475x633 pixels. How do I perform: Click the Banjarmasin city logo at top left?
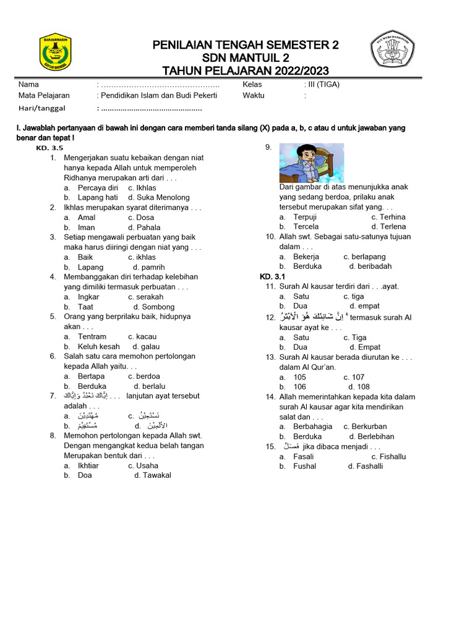(56, 53)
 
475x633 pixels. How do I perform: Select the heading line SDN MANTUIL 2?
(246, 58)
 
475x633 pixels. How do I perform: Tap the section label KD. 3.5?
(49, 148)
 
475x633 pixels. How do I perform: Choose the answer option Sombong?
(158, 307)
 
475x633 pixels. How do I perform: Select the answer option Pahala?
(149, 227)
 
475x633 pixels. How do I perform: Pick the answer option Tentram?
(92, 337)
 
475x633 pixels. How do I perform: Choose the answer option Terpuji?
(305, 217)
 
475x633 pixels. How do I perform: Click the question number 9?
(268, 147)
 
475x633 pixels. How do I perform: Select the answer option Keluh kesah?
(98, 347)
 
